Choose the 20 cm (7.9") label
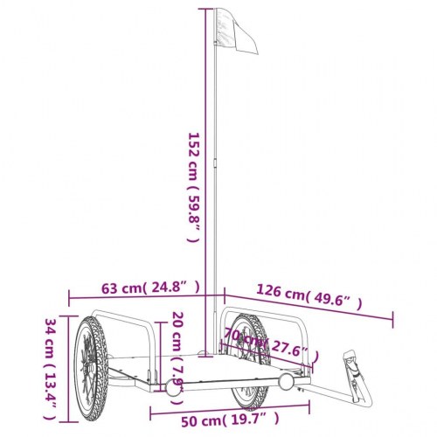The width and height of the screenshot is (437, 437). tap(177, 349)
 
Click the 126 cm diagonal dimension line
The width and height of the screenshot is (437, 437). tap(306, 306)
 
